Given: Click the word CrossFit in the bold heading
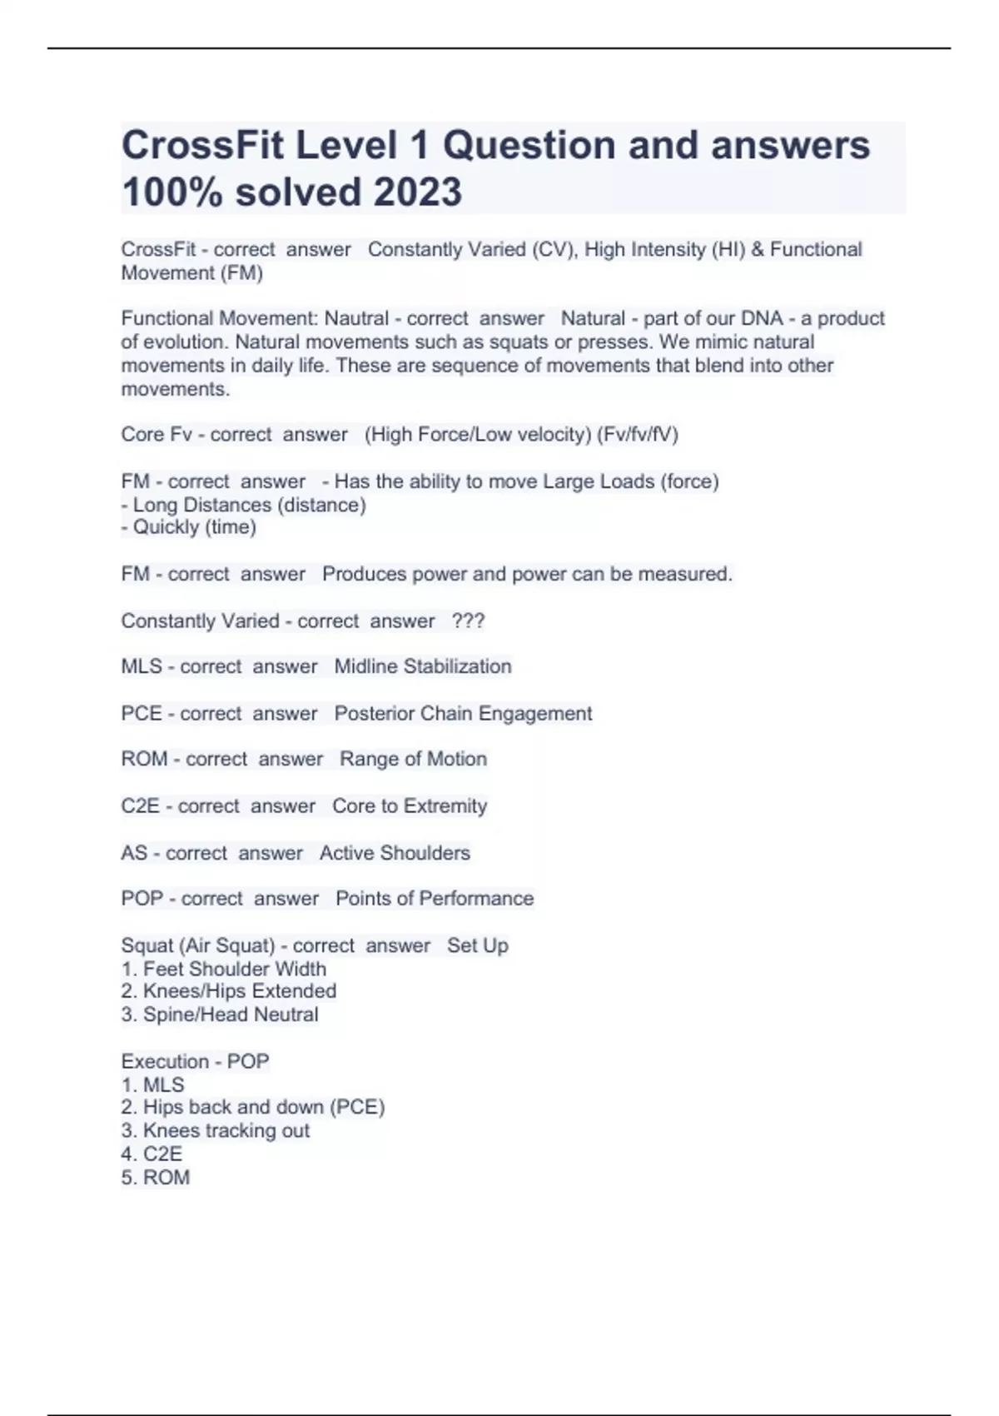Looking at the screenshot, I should click(x=204, y=145).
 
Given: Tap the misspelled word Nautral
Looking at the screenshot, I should click(x=356, y=318).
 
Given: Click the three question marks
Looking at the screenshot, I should click(x=468, y=621).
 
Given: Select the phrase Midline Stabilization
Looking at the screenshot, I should click(x=423, y=666).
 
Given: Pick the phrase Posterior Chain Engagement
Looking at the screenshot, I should click(x=463, y=713).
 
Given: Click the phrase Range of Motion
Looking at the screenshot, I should click(x=413, y=759).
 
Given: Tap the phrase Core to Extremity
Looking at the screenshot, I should click(x=410, y=805).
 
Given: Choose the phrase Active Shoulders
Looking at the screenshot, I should click(x=395, y=853).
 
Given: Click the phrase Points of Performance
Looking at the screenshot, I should click(x=435, y=899).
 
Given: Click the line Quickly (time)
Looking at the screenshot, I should click(x=189, y=527).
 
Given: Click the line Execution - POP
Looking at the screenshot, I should click(x=195, y=1061).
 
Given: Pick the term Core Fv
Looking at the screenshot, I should click(x=157, y=434).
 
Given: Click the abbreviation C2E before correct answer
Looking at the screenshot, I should click(x=140, y=805).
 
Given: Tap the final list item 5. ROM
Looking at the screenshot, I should click(x=156, y=1177).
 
